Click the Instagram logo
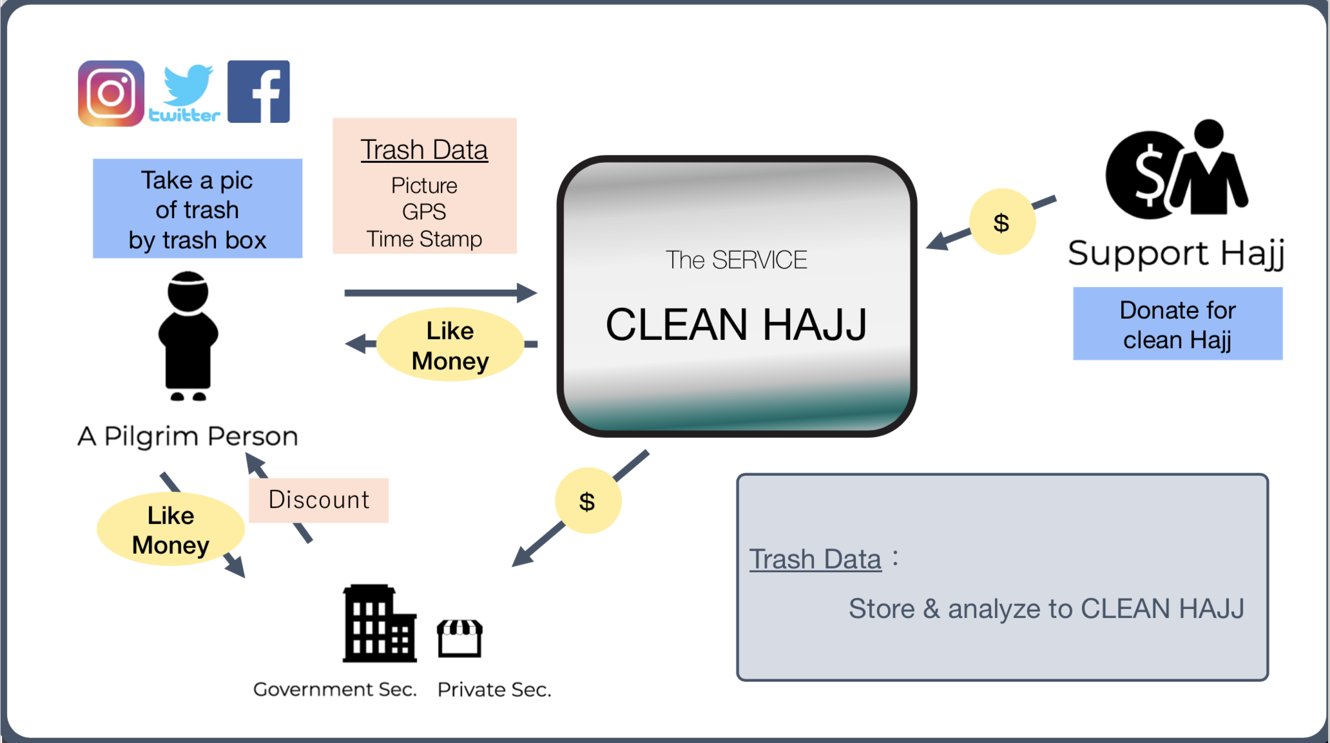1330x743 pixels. coord(111,93)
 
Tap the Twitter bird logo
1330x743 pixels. coord(185,93)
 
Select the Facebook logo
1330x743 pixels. coord(258,91)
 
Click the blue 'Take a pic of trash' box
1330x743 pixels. coord(197,209)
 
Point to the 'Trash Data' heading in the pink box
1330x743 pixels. coord(424,150)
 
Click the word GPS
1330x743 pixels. coord(424,212)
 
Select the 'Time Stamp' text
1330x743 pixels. coord(424,239)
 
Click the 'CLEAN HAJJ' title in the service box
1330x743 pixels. coord(737,324)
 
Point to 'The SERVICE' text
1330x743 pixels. coord(737,260)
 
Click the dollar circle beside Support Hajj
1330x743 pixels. coord(1002,222)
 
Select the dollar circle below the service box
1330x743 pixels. coord(588,501)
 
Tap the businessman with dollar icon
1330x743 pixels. coord(1177,169)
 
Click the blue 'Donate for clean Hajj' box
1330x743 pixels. coord(1178,324)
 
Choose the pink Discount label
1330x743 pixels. coord(319,500)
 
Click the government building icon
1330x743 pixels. coord(380,623)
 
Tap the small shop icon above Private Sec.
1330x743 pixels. coord(459,638)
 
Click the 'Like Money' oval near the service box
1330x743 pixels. coord(450,345)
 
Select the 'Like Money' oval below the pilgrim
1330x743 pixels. coord(171,530)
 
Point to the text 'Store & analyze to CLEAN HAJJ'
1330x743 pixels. coord(1046,609)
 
